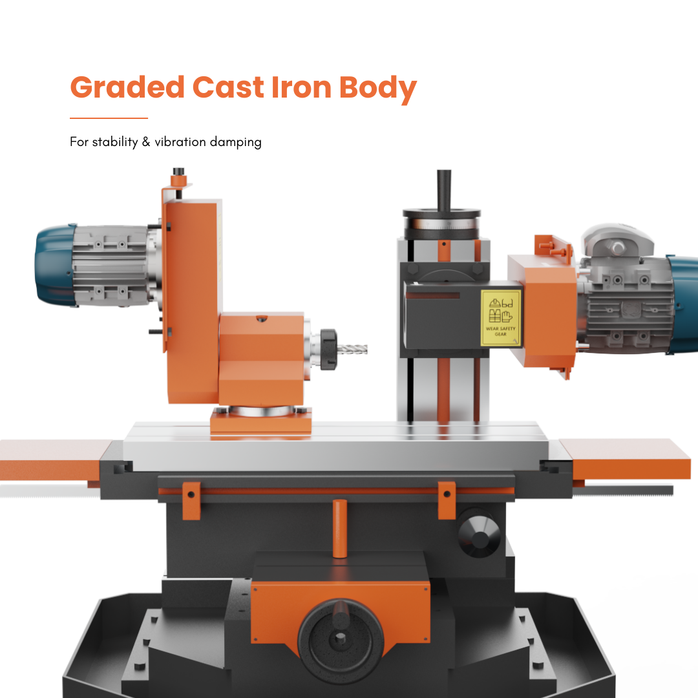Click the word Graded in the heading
(127, 87)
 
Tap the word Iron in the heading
(301, 87)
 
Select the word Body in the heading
(378, 89)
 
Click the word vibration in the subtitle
(180, 142)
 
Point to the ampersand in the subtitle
(146, 142)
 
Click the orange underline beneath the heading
(109, 118)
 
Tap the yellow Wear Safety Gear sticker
(500, 318)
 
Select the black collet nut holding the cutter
(328, 349)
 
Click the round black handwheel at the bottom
(341, 639)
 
